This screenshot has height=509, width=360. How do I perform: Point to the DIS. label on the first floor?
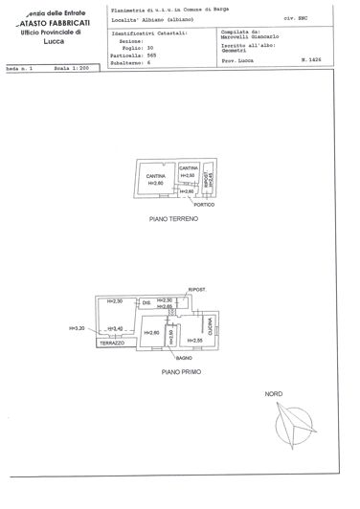(x=146, y=303)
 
